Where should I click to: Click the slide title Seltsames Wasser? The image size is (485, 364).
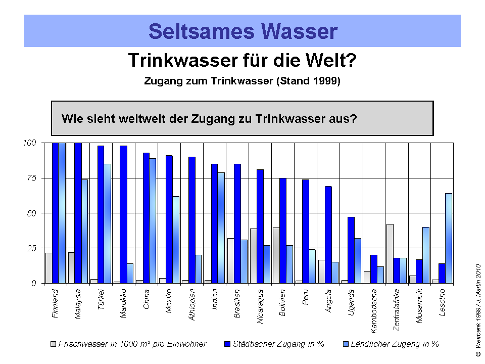(243, 31)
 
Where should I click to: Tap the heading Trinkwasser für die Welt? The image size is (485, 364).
(243, 61)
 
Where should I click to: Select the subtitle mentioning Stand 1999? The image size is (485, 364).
(243, 81)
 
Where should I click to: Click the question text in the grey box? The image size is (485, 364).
(210, 119)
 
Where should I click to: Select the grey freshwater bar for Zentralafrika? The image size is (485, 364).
(390, 254)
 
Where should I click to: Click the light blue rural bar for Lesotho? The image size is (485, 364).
(449, 238)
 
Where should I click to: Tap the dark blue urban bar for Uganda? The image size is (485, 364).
(352, 250)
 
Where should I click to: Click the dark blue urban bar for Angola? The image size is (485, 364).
(328, 235)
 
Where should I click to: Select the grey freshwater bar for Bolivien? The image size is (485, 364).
(276, 255)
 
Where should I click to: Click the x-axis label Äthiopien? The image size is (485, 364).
(192, 303)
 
